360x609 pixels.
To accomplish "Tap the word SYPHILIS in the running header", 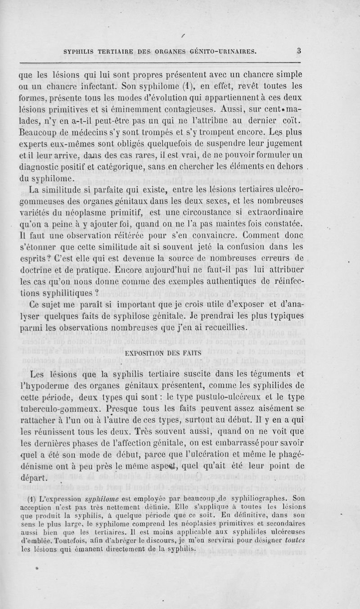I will pyautogui.click(x=81, y=51).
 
